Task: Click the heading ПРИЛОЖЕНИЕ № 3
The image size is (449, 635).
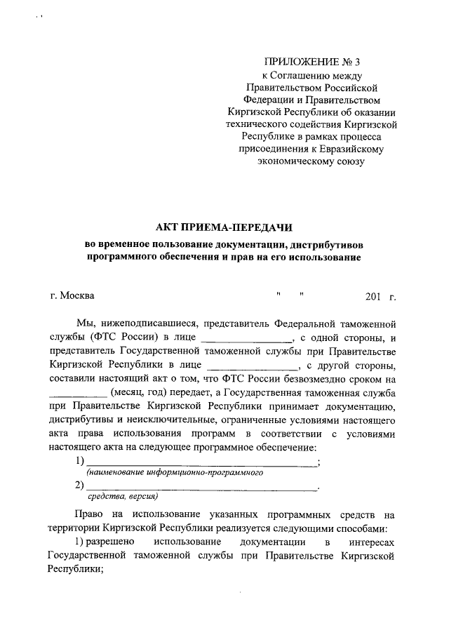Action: point(310,63)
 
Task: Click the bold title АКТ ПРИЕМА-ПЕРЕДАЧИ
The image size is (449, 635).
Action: point(224,227)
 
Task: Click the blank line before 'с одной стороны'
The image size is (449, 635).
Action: point(243,340)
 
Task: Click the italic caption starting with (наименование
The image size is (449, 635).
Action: point(174,474)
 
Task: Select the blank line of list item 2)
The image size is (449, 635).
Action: point(201,486)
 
